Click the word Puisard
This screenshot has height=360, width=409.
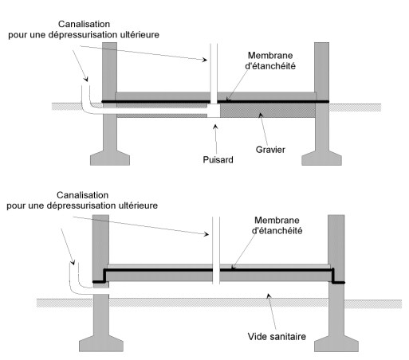(x=218, y=159)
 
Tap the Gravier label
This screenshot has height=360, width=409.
(x=270, y=150)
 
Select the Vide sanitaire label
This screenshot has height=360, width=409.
(x=277, y=336)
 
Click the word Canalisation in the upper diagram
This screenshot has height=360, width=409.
(x=84, y=24)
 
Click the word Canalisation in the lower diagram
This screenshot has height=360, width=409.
(x=82, y=195)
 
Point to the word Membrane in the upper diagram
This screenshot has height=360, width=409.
(x=270, y=56)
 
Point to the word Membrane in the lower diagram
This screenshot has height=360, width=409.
(x=277, y=220)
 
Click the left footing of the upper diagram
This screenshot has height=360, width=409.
(x=110, y=158)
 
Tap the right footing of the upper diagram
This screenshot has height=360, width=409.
(x=321, y=158)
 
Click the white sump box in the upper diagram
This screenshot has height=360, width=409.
(x=214, y=111)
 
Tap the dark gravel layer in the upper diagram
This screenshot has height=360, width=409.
(x=268, y=111)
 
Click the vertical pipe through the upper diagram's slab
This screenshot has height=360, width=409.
(x=214, y=73)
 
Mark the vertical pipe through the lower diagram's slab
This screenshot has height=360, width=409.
(x=216, y=250)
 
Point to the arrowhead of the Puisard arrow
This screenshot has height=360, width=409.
(x=215, y=127)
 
